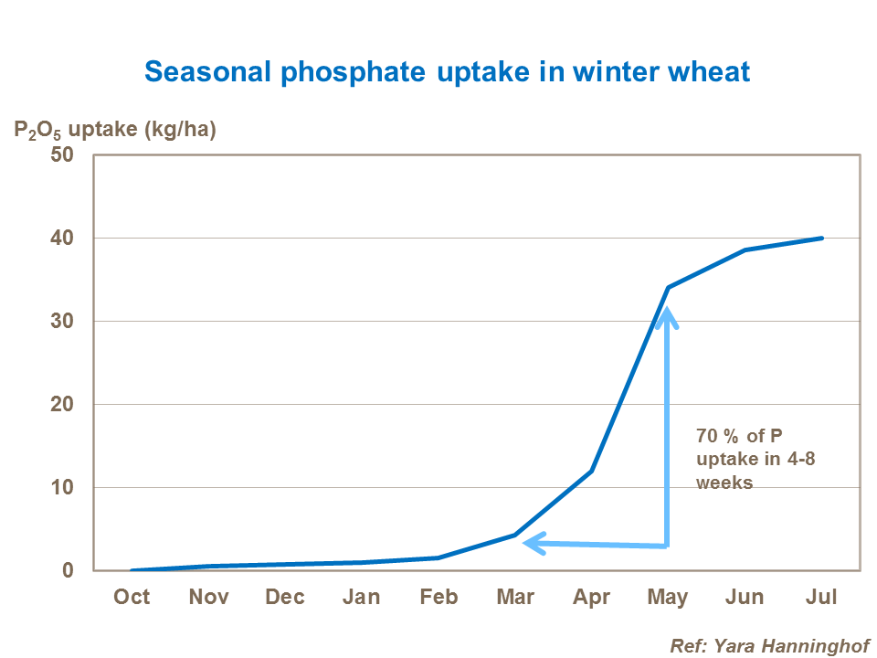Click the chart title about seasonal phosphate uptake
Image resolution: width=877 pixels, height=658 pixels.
click(448, 72)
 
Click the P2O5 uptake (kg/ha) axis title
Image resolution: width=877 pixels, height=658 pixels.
click(114, 130)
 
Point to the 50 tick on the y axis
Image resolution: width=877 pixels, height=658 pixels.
click(74, 154)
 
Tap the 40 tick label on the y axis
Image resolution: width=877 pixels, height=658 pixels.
click(74, 238)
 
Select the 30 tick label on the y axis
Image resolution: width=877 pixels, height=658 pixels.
click(74, 321)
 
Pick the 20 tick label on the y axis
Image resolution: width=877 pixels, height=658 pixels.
click(74, 404)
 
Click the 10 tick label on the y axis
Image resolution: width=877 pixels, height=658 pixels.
click(74, 487)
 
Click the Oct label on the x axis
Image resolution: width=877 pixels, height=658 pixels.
click(132, 597)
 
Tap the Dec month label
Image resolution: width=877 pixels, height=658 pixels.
click(285, 597)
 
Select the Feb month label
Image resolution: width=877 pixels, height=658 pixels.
click(438, 597)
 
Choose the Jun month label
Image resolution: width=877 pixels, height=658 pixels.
click(745, 597)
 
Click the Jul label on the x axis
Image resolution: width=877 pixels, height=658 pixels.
click(821, 597)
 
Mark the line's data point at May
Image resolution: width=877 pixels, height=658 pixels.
click(668, 288)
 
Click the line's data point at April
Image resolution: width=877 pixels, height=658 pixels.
click(592, 471)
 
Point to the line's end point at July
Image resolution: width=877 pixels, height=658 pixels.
click(822, 238)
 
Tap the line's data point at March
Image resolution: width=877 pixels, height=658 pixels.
click(515, 535)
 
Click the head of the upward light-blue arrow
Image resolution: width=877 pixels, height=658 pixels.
click(668, 316)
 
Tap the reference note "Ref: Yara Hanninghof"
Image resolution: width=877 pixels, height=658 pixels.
click(770, 645)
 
